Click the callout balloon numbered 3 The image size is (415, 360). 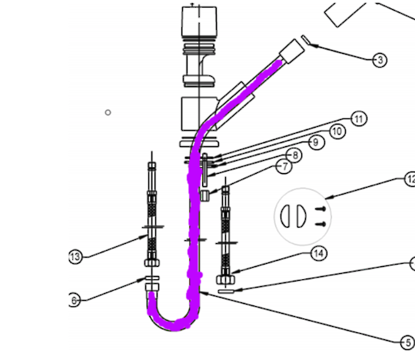(x=379, y=60)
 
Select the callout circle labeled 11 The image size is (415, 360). (x=358, y=118)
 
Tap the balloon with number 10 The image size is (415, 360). (x=336, y=132)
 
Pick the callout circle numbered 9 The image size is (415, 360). (x=314, y=142)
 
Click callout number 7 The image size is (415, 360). (x=284, y=167)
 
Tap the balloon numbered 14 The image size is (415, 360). (x=318, y=253)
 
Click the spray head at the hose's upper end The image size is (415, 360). (x=291, y=52)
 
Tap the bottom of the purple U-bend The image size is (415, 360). (x=176, y=325)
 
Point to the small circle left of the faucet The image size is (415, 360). (x=108, y=112)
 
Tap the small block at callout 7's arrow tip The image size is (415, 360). (x=206, y=195)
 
